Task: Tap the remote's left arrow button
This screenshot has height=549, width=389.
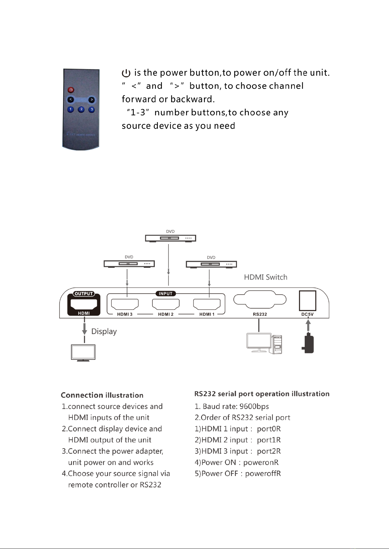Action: (70, 99)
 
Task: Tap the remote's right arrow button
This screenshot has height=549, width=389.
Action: (92, 100)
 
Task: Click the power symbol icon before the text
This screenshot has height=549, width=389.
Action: (126, 73)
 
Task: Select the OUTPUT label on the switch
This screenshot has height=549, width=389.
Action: (84, 294)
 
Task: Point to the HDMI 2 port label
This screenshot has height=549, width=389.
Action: (166, 314)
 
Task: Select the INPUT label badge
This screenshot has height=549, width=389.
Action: (166, 294)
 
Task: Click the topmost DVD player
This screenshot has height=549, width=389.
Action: (171, 238)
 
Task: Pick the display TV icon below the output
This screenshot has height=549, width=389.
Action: (83, 353)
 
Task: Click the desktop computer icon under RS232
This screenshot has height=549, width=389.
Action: (264, 343)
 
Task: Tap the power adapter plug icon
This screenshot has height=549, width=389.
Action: (308, 343)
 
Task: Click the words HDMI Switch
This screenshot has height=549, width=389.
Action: (266, 277)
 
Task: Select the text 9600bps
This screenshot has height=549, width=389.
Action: (254, 407)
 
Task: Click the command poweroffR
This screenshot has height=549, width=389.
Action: (263, 473)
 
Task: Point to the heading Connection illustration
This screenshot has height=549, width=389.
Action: (102, 395)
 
